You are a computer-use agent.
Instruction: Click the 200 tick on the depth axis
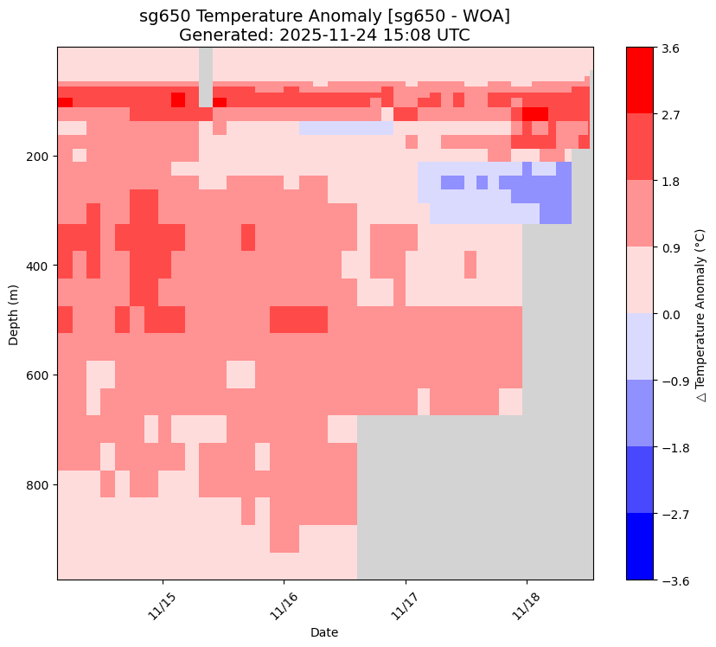tap(41, 157)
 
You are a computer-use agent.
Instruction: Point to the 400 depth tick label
tap(41, 266)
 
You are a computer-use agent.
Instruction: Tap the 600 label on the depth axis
tap(41, 375)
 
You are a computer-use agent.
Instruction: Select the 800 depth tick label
tap(41, 485)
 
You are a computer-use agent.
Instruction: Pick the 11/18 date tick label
tap(527, 602)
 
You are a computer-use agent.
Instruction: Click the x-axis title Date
tap(324, 632)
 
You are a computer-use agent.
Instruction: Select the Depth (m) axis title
tap(14, 313)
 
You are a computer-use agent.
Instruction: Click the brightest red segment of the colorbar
tap(640, 80)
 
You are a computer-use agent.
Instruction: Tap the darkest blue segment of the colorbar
tap(640, 547)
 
